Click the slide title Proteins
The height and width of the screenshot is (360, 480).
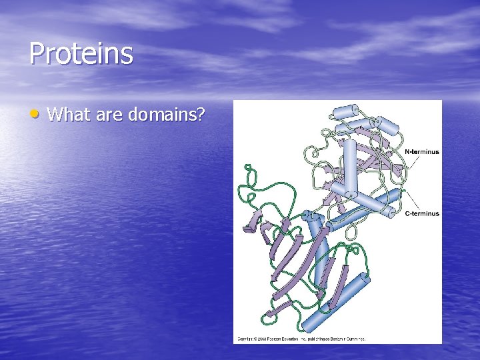[81, 54]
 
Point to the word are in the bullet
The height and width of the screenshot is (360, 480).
[109, 115]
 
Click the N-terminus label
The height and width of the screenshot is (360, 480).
[422, 152]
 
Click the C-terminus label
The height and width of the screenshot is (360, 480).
[422, 213]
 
